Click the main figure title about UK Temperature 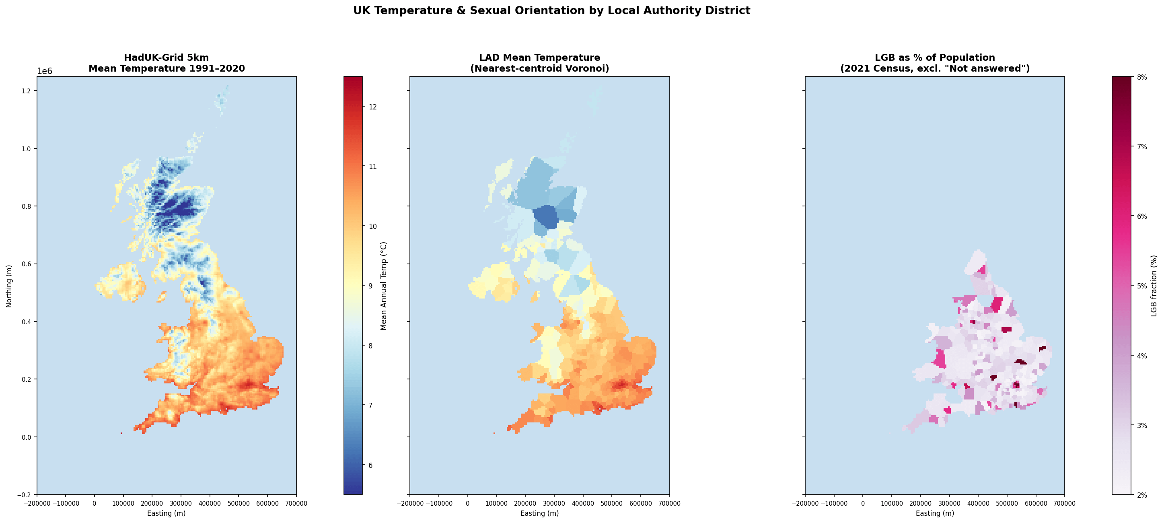click(551, 10)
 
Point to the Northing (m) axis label click(9, 286)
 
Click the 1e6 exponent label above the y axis click(44, 71)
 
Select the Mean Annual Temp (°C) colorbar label click(384, 286)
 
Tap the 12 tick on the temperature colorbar click(373, 107)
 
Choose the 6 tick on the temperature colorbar click(370, 465)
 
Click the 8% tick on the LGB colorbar click(1142, 77)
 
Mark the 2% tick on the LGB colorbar click(1142, 495)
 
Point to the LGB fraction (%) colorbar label click(1154, 286)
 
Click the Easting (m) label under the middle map click(539, 513)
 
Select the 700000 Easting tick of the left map click(296, 503)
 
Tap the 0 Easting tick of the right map click(863, 503)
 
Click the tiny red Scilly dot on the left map click(121, 434)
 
